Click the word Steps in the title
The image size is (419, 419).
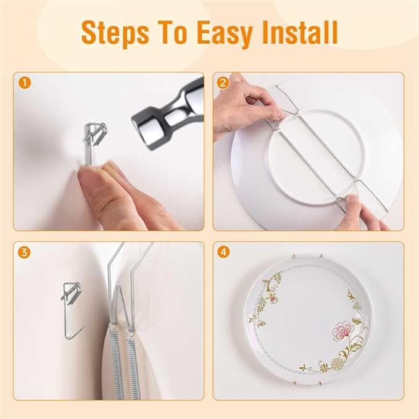click(126, 33)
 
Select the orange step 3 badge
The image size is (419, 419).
click(23, 252)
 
